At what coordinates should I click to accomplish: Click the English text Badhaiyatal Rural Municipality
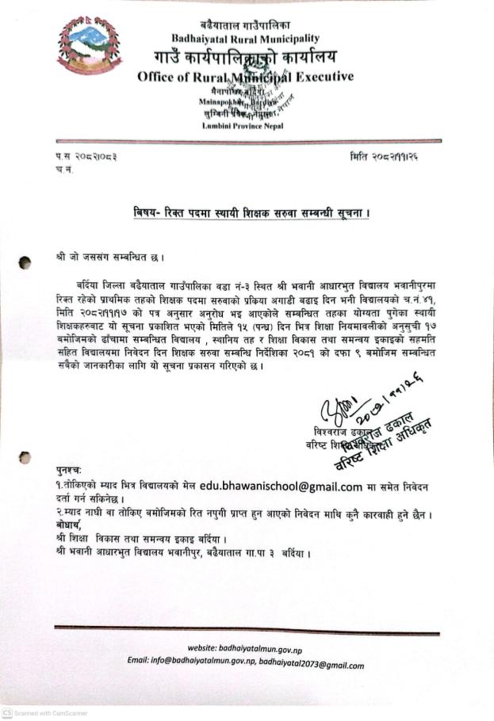tap(245, 38)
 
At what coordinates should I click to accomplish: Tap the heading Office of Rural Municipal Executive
tap(245, 77)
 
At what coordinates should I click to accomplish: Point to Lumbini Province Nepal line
tap(242, 126)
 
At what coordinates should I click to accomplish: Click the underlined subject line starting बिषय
tap(253, 212)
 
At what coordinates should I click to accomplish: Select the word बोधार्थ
tap(69, 525)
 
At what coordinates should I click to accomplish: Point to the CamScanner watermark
tap(44, 713)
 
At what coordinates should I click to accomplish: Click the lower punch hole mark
tap(26, 457)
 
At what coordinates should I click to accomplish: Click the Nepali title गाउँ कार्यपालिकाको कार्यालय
tap(245, 57)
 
